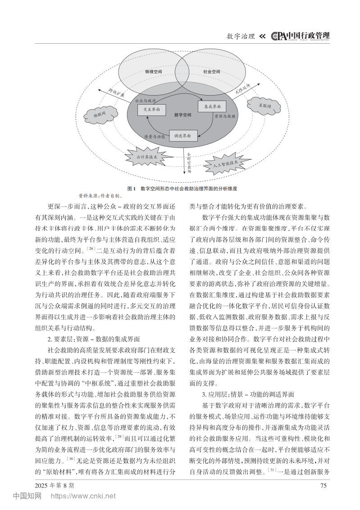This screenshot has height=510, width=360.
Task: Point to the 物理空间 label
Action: point(153,72)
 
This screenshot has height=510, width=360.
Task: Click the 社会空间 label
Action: point(212,72)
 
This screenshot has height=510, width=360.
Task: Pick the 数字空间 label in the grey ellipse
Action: point(183,115)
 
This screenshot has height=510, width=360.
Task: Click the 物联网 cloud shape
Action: point(99,115)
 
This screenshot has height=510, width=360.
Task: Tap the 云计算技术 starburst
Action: point(147,157)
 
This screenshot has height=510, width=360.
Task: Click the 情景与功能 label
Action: point(154,136)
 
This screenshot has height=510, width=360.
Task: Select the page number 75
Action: point(322,485)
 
